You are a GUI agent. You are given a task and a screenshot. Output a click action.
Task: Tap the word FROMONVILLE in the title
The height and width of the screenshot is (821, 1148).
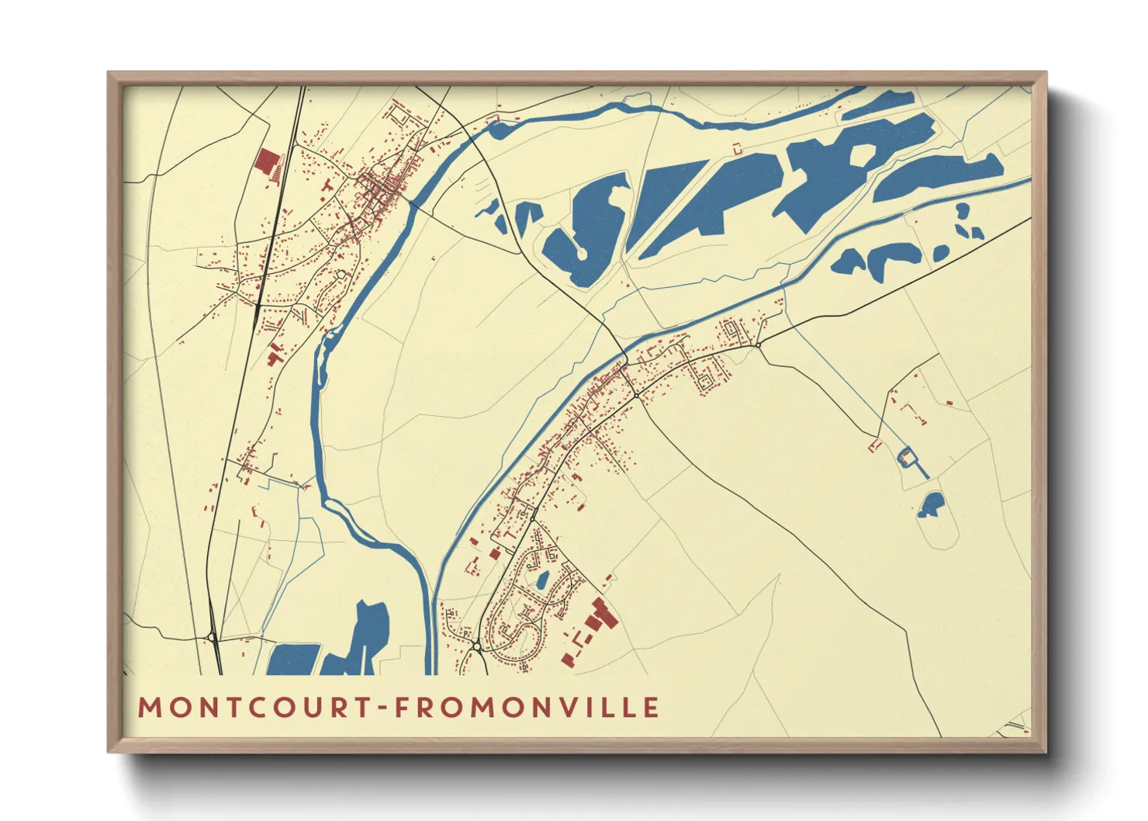[x=527, y=708]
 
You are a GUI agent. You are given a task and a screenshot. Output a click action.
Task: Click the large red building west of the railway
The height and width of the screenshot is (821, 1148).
[x=266, y=162]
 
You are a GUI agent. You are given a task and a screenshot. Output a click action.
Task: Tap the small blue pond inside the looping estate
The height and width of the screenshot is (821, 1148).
[x=542, y=579]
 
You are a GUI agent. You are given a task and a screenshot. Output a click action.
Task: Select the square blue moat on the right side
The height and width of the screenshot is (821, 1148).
[x=905, y=457]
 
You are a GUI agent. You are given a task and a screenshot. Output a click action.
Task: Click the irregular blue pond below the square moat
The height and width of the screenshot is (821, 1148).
[x=930, y=505]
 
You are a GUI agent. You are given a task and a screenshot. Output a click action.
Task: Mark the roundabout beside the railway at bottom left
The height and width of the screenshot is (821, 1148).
[x=211, y=638]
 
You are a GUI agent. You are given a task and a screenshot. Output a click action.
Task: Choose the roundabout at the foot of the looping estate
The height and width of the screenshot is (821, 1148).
[x=475, y=645]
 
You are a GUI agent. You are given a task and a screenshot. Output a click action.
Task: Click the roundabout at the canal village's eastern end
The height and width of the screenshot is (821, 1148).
[x=758, y=344]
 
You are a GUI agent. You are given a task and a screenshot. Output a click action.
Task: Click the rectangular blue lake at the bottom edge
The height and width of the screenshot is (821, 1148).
[x=294, y=660]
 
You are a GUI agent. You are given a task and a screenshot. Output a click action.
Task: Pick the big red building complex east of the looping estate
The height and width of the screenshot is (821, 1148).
[x=599, y=617]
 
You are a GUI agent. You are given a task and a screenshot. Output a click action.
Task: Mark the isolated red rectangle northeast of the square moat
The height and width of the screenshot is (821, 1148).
[x=949, y=403]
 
